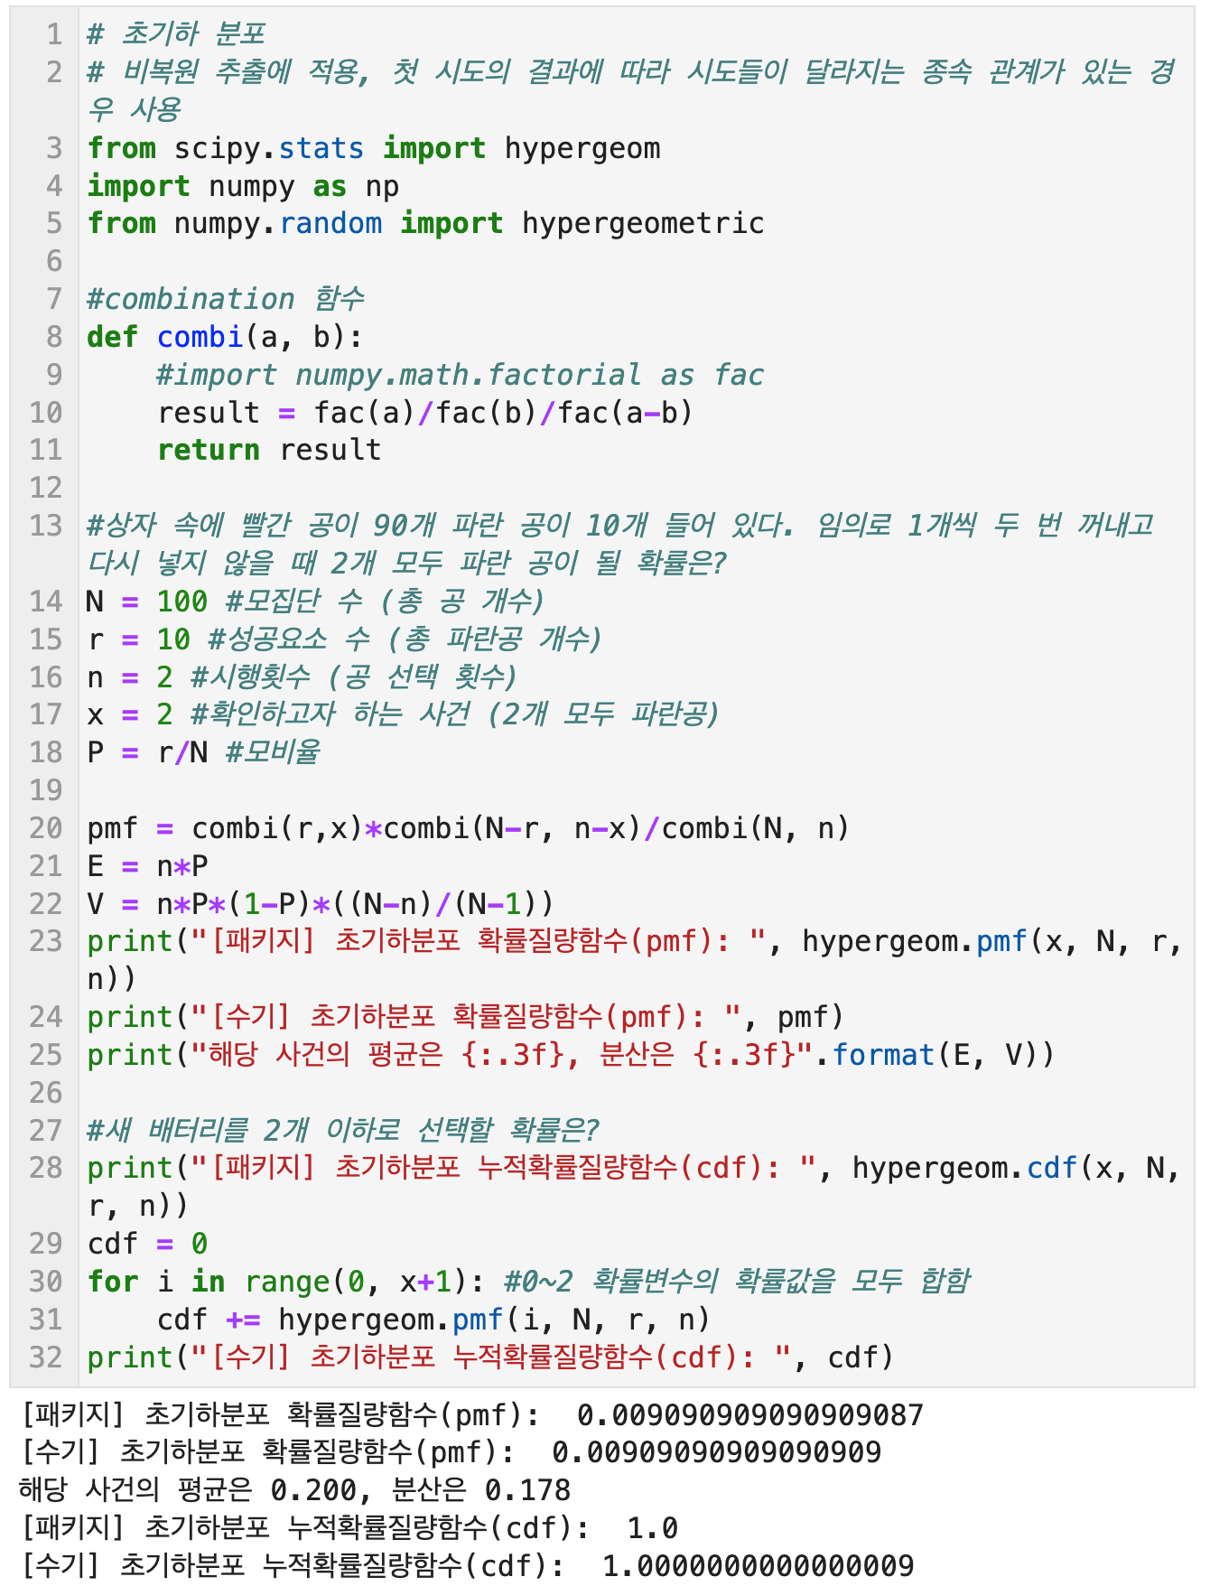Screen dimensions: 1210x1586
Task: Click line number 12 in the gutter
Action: (x=45, y=488)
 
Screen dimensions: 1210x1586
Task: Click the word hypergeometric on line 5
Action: (x=643, y=223)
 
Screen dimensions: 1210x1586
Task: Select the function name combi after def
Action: (x=200, y=337)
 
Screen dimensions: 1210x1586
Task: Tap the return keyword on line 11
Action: (x=209, y=450)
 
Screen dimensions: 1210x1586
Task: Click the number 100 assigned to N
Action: (x=182, y=602)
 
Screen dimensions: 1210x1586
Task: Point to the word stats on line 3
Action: (x=321, y=148)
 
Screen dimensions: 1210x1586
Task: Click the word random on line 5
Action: (x=330, y=223)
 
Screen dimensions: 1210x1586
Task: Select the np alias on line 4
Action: (x=382, y=186)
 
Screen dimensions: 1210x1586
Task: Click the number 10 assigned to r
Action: (x=173, y=639)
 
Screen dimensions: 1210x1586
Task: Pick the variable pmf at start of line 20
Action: (x=113, y=828)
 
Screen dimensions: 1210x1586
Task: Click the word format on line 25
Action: (x=884, y=1055)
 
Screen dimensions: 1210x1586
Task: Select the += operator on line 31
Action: (x=243, y=1320)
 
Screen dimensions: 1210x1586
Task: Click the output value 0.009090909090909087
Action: (x=750, y=1415)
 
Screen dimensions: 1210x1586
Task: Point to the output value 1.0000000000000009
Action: (x=759, y=1566)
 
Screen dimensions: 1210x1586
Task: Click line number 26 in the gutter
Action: (x=45, y=1093)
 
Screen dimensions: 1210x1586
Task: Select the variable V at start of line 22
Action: (x=95, y=904)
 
